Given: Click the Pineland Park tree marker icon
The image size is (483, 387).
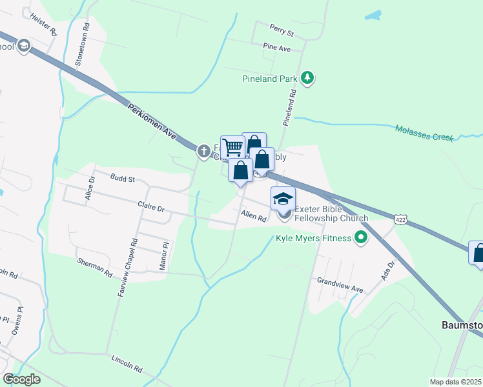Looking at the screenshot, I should [x=308, y=79].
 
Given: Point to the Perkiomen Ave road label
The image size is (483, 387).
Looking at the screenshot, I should [x=152, y=124].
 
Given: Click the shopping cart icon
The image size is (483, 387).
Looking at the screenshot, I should [x=232, y=148].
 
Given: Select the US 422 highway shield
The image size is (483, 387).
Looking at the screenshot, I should [x=402, y=220].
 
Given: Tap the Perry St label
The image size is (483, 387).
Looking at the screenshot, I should [x=282, y=32].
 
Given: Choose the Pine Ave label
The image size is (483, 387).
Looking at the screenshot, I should [x=277, y=48].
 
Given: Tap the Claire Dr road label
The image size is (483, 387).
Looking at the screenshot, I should [x=151, y=209].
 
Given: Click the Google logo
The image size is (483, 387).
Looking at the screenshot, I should [x=21, y=379].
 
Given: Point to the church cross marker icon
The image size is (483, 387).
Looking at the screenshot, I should [x=204, y=151].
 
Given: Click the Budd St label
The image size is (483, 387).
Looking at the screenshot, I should [x=122, y=179].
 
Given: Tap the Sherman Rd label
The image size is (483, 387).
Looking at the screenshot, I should [x=94, y=268].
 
